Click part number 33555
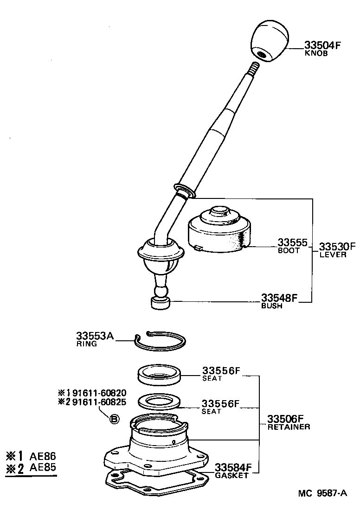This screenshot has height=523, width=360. (x=292, y=242)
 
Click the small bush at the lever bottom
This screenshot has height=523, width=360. (x=160, y=304)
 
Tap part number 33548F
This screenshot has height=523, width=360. (x=278, y=298)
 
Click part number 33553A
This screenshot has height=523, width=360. (x=95, y=336)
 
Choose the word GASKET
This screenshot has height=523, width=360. (x=231, y=475)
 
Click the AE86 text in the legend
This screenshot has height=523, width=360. (x=43, y=456)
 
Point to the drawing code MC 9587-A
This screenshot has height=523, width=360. (x=322, y=493)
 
